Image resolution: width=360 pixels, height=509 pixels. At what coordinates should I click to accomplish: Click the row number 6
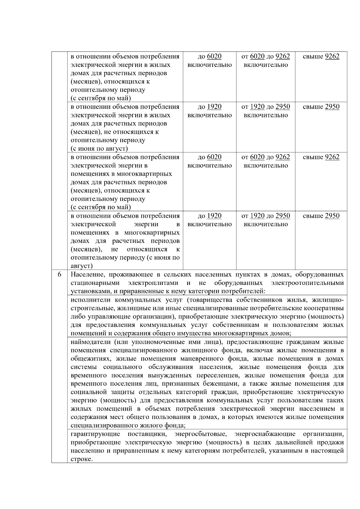pos(59,274)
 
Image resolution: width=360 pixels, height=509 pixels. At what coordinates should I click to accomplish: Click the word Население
pos(86,274)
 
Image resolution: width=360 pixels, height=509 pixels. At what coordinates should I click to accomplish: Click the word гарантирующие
pos(95,434)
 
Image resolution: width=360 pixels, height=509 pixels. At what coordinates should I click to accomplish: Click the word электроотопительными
pos(307,283)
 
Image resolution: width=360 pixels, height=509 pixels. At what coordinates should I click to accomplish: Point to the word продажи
pos(330,442)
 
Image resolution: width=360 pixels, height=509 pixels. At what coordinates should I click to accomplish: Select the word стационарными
pos(95,283)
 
